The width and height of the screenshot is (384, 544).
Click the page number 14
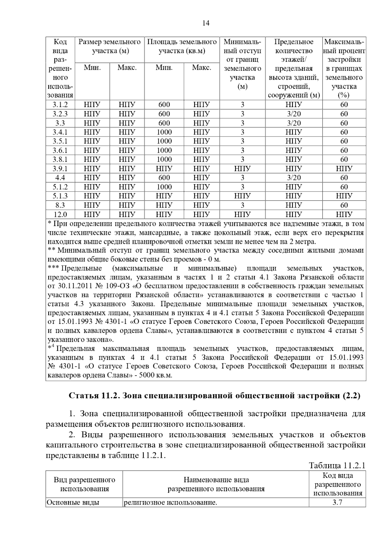(x=206, y=23)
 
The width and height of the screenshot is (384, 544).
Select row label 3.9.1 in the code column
(x=60, y=169)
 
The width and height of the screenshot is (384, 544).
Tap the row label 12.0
(x=60, y=214)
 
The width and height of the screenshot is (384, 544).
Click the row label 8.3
(x=60, y=205)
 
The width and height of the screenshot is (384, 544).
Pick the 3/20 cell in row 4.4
(x=293, y=178)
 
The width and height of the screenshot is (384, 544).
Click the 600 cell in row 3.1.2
(x=164, y=105)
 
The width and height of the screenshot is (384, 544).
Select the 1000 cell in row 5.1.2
(x=164, y=187)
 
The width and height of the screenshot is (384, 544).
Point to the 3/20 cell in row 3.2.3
(x=293, y=114)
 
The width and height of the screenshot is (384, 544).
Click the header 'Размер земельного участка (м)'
(x=110, y=46)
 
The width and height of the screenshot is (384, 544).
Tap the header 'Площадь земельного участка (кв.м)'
(x=182, y=46)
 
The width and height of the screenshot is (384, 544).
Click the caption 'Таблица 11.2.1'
(x=337, y=466)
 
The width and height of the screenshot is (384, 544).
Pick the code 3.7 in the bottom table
(x=337, y=502)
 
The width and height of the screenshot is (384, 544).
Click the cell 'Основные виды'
(x=73, y=502)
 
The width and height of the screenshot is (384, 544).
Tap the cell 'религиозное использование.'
(x=171, y=502)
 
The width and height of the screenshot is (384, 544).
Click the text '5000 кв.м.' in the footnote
(x=155, y=375)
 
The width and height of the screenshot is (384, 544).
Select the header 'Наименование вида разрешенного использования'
(x=216, y=484)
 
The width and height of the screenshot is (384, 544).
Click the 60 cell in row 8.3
(x=344, y=205)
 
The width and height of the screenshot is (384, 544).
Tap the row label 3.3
(x=60, y=123)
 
